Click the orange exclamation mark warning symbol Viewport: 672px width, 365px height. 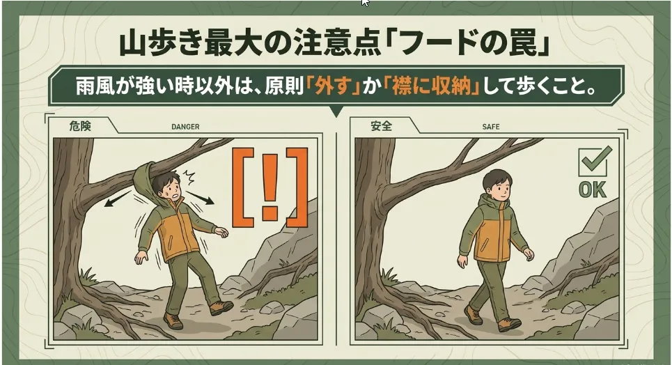click(x=270, y=187)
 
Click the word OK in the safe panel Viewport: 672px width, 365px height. click(x=593, y=189)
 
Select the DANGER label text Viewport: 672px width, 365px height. click(x=185, y=127)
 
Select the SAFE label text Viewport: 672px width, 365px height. click(x=491, y=127)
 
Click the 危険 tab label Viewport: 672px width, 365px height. click(x=80, y=126)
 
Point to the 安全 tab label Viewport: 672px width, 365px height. click(x=382, y=126)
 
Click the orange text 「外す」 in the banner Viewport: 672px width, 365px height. click(x=333, y=86)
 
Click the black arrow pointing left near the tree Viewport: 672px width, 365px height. click(x=117, y=199)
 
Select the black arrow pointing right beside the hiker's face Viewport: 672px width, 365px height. click(x=200, y=198)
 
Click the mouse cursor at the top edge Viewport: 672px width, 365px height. click(x=365, y=3)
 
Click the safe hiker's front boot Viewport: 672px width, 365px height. click(x=509, y=325)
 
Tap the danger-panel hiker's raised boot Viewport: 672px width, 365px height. click(x=221, y=307)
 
